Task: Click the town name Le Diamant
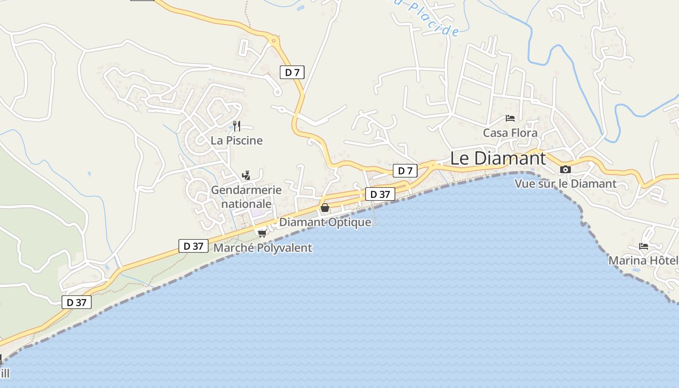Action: pyautogui.click(x=498, y=158)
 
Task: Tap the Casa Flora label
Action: pyautogui.click(x=510, y=133)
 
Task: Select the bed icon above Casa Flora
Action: pyautogui.click(x=510, y=118)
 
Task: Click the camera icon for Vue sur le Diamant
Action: pyautogui.click(x=565, y=169)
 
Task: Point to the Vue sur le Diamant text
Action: pyautogui.click(x=565, y=184)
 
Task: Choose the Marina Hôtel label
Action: pyautogui.click(x=643, y=260)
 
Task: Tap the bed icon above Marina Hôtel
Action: pyautogui.click(x=644, y=246)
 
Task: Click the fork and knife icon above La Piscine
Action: pyautogui.click(x=237, y=126)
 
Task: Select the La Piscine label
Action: pyautogui.click(x=237, y=141)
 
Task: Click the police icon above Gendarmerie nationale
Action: pyautogui.click(x=246, y=175)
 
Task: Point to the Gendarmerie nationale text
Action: pyautogui.click(x=246, y=196)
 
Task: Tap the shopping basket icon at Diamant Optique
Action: pyautogui.click(x=325, y=208)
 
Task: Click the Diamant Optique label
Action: pyautogui.click(x=325, y=222)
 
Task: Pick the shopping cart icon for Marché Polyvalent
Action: pyautogui.click(x=262, y=233)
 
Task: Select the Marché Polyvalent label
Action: pyautogui.click(x=262, y=248)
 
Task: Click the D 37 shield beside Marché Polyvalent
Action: pyautogui.click(x=194, y=246)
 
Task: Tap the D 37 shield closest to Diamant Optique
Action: pyautogui.click(x=380, y=194)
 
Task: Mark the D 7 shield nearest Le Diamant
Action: pyautogui.click(x=405, y=171)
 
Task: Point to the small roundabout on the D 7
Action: pyautogui.click(x=274, y=41)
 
